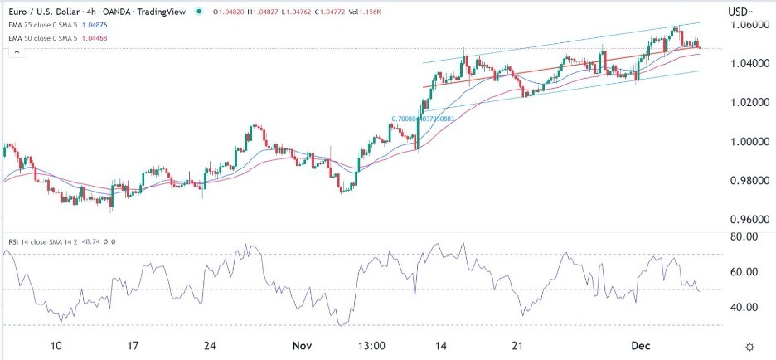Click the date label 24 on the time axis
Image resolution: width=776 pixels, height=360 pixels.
pos(210,345)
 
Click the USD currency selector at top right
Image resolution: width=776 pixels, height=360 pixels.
pos(738,11)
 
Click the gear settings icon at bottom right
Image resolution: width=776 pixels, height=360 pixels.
pos(749,346)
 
